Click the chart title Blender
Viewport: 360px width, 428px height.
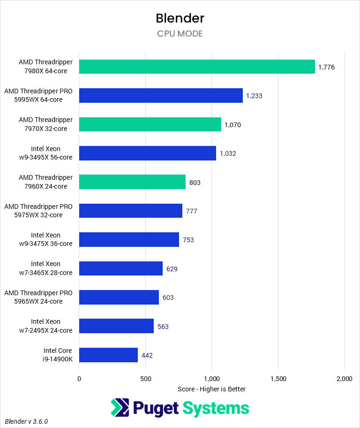click(x=180, y=18)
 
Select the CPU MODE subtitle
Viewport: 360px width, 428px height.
click(x=180, y=34)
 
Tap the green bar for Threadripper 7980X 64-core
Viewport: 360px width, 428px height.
click(x=197, y=67)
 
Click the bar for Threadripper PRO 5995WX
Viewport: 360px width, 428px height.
click(x=161, y=95)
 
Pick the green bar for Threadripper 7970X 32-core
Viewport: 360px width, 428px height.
click(x=150, y=124)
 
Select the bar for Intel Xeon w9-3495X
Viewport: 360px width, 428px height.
click(x=148, y=153)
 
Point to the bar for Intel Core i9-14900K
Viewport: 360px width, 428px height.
click(x=108, y=355)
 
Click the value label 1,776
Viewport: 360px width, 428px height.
click(x=326, y=67)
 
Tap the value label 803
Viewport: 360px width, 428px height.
click(x=195, y=182)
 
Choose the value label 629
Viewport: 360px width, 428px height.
click(x=172, y=269)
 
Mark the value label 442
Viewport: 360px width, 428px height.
click(x=147, y=355)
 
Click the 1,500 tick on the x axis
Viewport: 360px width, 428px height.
click(x=278, y=379)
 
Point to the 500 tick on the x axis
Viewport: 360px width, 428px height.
click(x=146, y=379)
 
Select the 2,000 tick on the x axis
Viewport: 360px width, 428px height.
click(x=344, y=379)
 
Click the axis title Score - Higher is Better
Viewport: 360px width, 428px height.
click(x=212, y=389)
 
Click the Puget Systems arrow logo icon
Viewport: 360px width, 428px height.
click(x=120, y=408)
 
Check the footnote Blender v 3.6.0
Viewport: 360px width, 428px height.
click(x=27, y=421)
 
